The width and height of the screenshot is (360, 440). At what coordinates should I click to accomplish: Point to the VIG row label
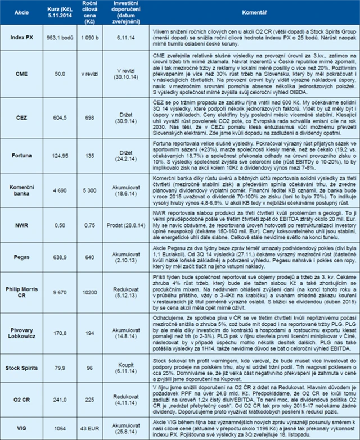tap(21, 429)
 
